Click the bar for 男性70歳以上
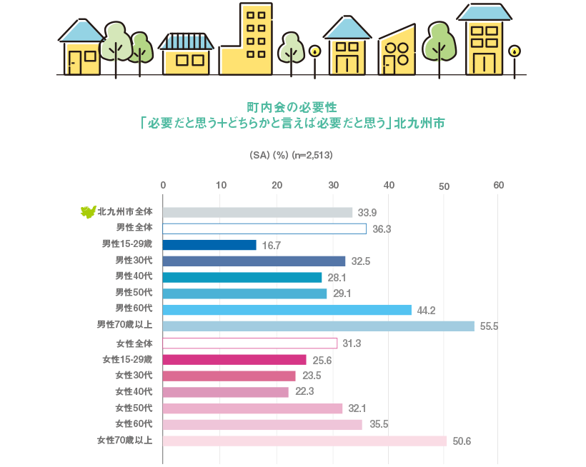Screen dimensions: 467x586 point(318,326)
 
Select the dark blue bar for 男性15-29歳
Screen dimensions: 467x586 point(209,245)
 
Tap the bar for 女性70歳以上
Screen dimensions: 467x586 point(304,441)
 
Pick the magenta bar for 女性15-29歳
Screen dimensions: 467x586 point(234,360)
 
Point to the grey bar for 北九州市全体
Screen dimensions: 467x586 point(257,212)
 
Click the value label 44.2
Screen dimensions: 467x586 point(428,310)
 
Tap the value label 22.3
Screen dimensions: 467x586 point(305,392)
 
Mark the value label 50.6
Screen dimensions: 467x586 point(462,441)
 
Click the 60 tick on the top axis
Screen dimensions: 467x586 point(499,186)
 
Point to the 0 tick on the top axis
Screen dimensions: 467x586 point(163,186)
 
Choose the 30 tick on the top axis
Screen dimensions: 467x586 point(332,186)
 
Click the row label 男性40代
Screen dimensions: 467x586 point(134,277)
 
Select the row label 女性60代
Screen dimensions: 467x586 point(134,424)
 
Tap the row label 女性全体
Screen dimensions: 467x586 point(134,343)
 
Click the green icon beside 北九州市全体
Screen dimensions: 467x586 point(88,211)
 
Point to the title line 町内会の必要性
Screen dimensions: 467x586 point(292,107)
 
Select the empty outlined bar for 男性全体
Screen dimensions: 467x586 point(264,229)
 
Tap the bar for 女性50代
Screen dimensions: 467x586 point(252,408)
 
